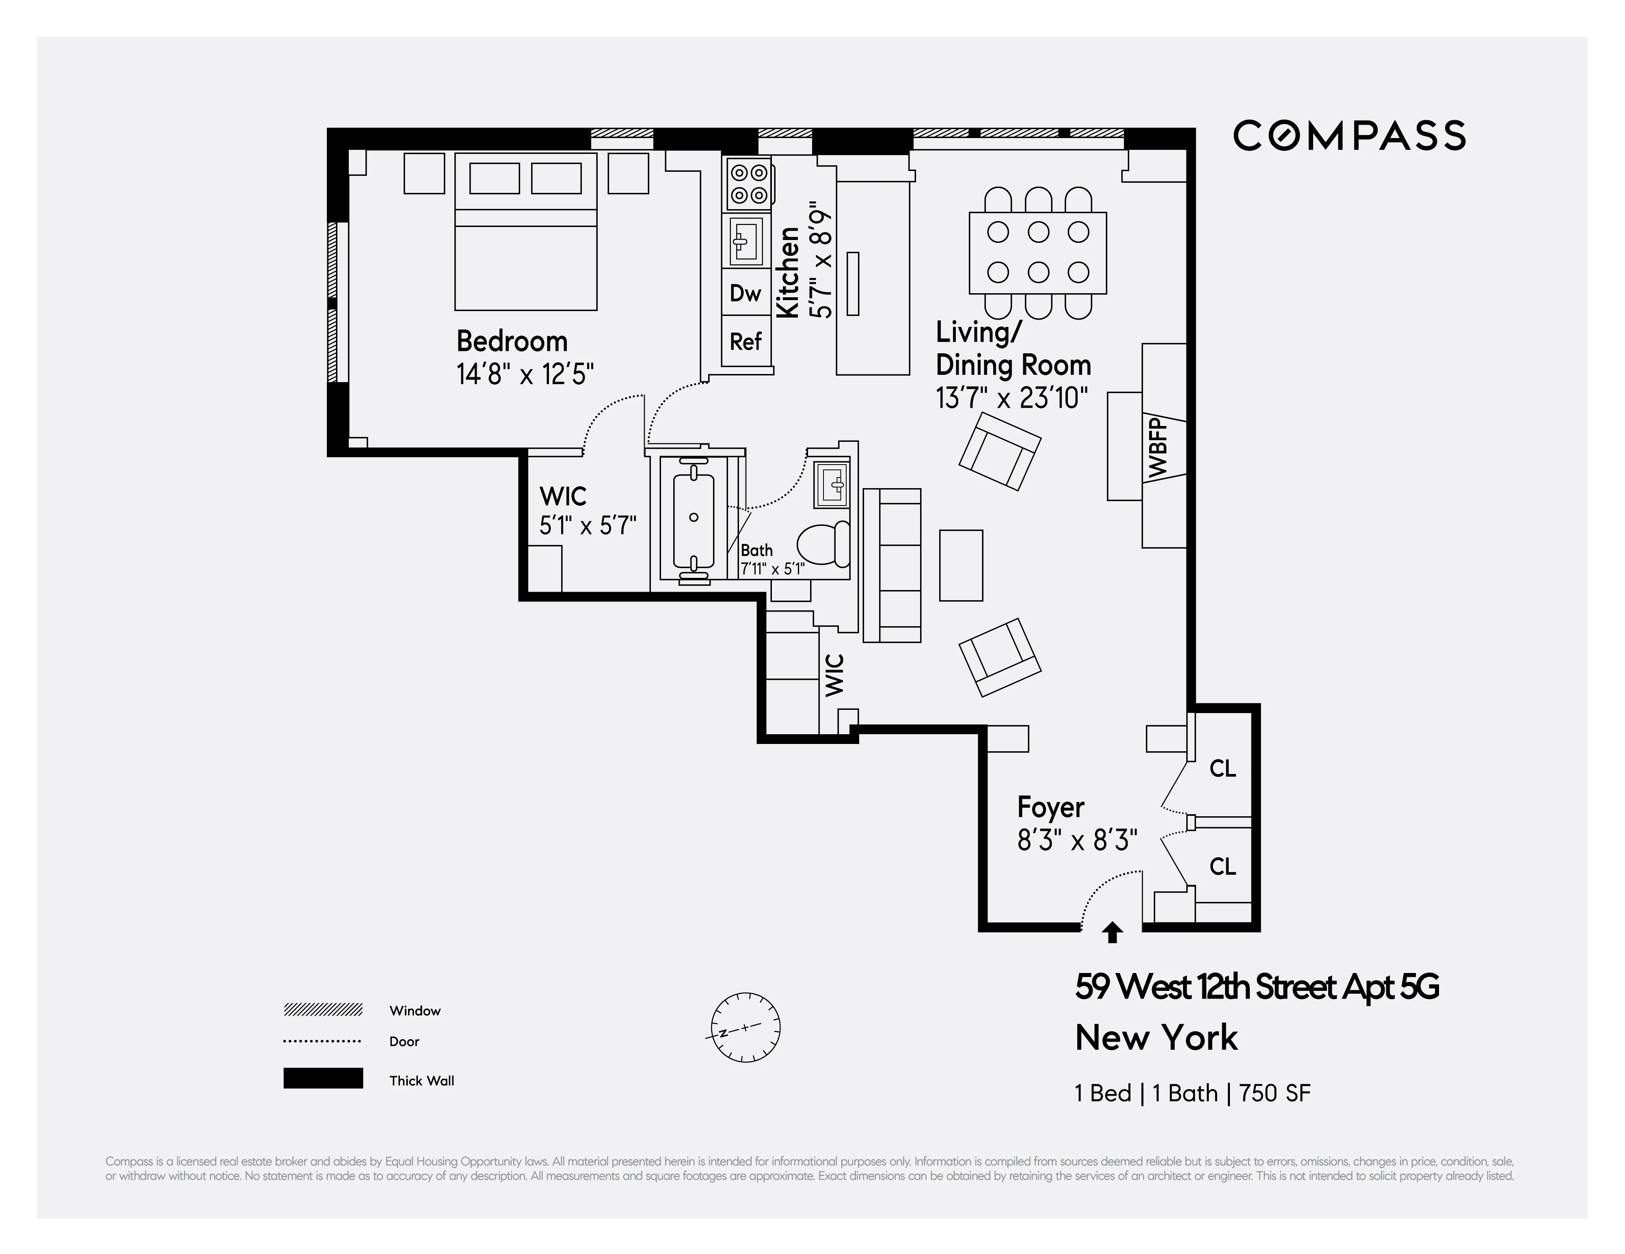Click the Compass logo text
tap(1349, 136)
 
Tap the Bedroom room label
tap(512, 342)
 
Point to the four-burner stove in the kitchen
tap(748, 184)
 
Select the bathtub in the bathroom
tap(694, 518)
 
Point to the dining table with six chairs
tap(1037, 253)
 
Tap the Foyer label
tap(1050, 807)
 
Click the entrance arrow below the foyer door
tap(1112, 932)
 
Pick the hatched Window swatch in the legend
tap(323, 1010)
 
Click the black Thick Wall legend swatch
tap(323, 1078)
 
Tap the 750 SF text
tap(1275, 1093)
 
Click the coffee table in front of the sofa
tap(961, 566)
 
